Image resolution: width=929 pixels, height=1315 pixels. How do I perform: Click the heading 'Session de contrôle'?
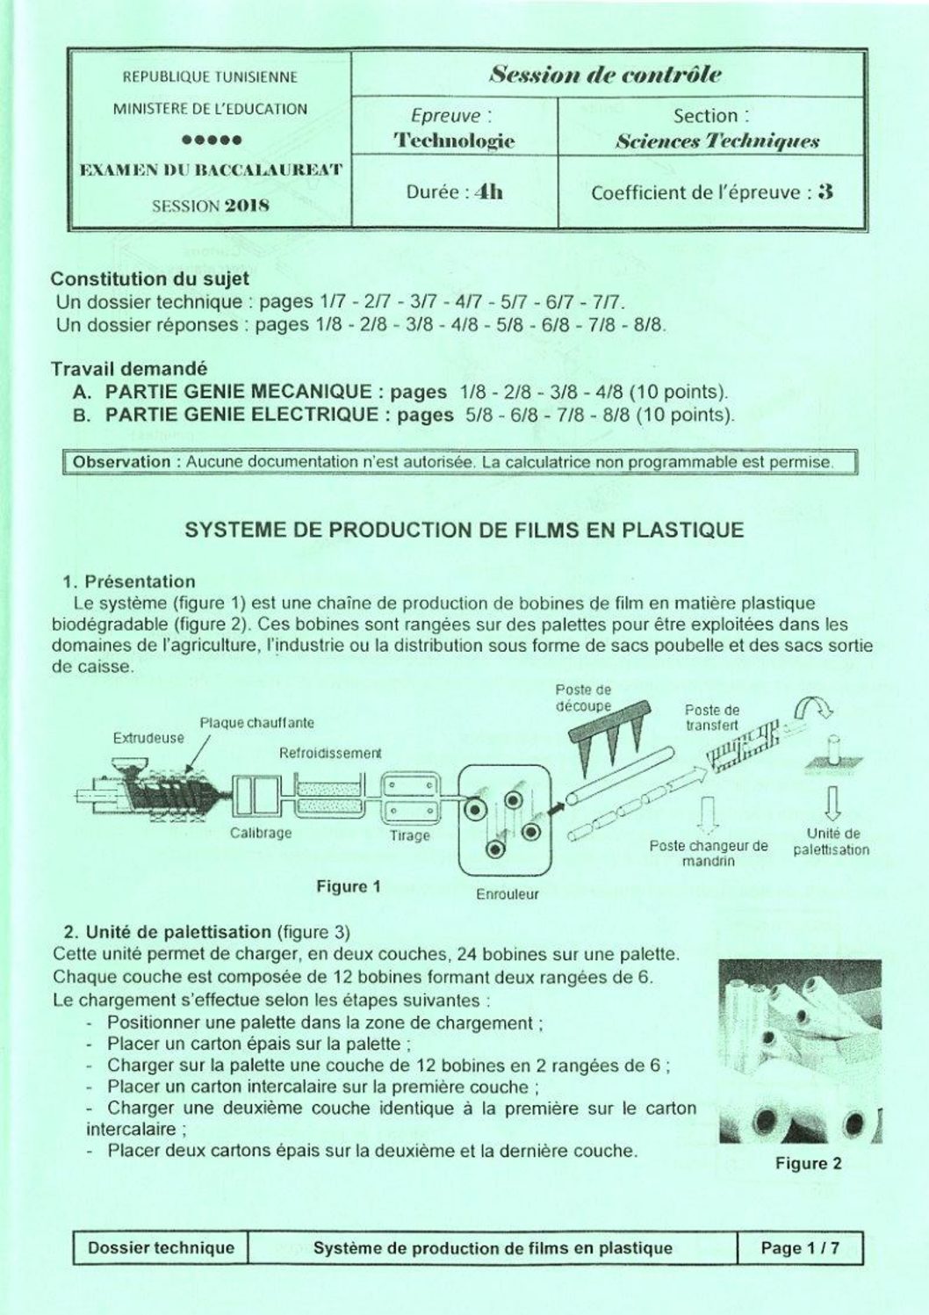(606, 75)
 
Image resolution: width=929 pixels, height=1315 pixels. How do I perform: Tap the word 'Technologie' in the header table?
(454, 141)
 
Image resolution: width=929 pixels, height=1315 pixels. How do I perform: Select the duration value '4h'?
(489, 191)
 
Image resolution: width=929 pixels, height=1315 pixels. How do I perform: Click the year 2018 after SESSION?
(247, 206)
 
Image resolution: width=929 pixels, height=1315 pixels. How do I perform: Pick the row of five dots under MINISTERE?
(211, 140)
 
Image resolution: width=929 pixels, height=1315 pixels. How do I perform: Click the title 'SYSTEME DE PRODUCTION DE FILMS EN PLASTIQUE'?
(464, 530)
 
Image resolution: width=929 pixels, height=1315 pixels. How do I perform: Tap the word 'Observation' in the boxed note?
(121, 462)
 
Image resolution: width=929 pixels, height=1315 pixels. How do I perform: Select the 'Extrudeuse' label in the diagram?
(148, 738)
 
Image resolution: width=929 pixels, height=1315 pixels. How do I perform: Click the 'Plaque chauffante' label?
(256, 723)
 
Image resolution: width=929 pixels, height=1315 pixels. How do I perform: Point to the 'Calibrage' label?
(261, 833)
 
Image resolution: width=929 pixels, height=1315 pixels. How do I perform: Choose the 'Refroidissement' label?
(330, 753)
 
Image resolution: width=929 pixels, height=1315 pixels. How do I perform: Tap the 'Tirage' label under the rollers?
(410, 835)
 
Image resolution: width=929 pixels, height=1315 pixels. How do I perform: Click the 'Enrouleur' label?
(508, 894)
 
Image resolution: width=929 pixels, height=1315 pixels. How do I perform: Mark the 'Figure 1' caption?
(349, 886)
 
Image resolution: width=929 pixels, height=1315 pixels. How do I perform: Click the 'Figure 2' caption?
(808, 1164)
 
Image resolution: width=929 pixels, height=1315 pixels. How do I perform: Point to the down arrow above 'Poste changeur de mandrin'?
(709, 813)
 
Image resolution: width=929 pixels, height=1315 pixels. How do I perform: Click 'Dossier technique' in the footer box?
(162, 1248)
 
